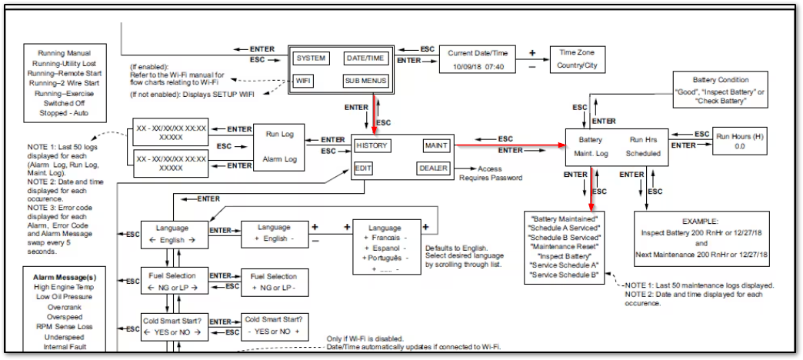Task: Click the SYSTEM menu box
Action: [311, 58]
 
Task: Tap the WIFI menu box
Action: [303, 81]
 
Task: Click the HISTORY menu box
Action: [372, 145]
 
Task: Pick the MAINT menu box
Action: [436, 145]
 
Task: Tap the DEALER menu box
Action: [433, 168]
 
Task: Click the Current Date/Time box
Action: [476, 59]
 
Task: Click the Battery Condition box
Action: [710, 91]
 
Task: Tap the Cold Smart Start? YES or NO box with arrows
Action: [175, 326]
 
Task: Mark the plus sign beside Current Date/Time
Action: [531, 52]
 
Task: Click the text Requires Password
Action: [491, 178]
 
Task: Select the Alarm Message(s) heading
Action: [65, 276]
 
